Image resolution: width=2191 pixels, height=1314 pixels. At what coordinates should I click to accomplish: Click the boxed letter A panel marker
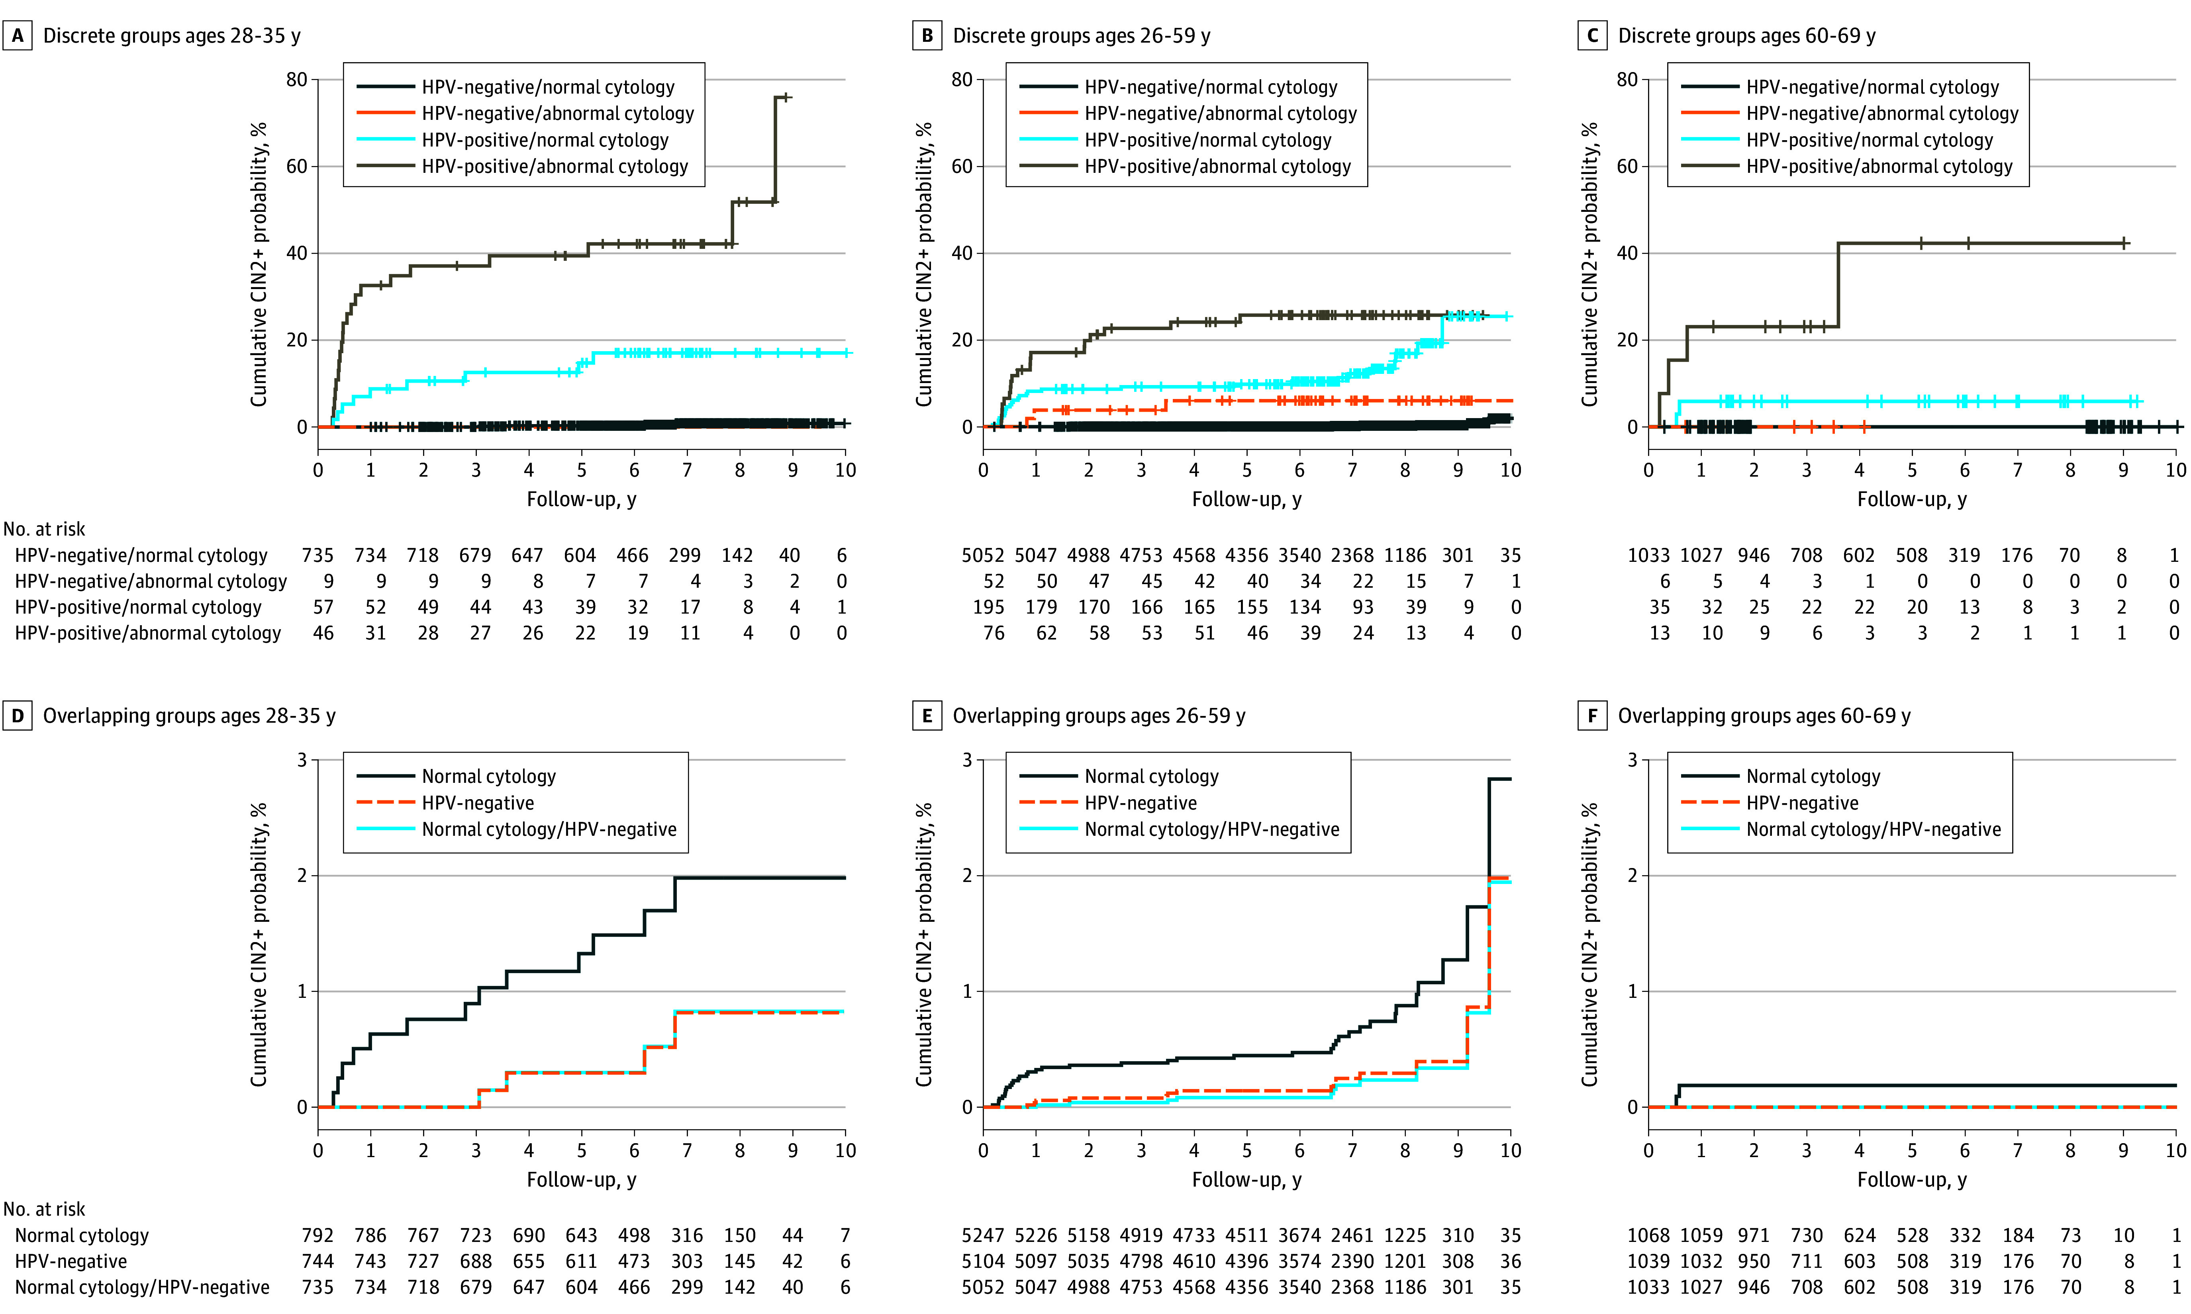pos(18,35)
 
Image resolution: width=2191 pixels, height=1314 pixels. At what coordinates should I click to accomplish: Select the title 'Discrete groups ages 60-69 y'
pos(1746,35)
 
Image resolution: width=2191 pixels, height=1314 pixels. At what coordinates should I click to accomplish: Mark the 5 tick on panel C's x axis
pos(1912,470)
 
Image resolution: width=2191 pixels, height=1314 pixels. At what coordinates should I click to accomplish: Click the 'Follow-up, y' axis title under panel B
pos(1246,499)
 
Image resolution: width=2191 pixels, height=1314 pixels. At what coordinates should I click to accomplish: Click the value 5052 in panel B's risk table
pos(983,555)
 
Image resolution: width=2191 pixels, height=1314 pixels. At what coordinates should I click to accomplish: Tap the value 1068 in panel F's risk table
pos(1648,1235)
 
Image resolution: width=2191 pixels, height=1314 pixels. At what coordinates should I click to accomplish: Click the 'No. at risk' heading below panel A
pos(44,529)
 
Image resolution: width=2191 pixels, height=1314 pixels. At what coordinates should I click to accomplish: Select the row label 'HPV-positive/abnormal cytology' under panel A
pos(148,633)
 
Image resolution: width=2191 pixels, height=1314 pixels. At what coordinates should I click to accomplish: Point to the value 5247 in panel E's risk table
pos(983,1235)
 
